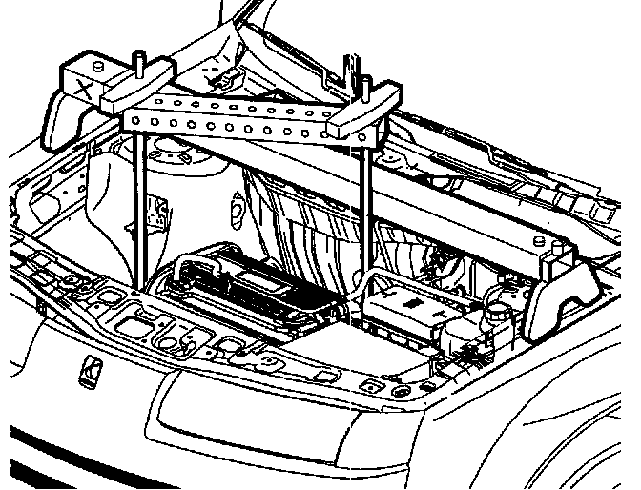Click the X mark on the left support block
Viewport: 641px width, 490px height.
pyautogui.click(x=85, y=92)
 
